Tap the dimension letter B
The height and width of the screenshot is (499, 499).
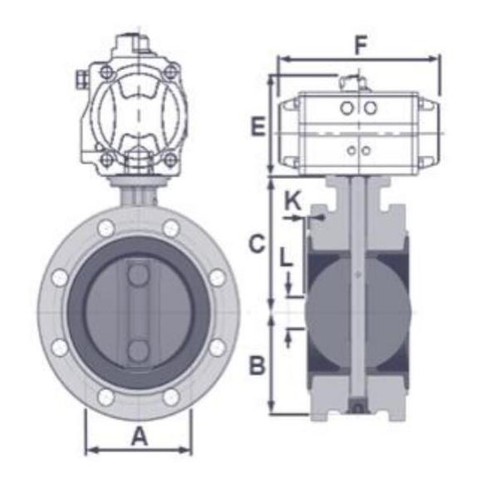pos(258,365)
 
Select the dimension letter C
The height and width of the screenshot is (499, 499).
pos(258,244)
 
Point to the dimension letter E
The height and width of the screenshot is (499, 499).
pos(258,127)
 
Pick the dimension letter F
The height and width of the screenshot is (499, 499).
pos(359,46)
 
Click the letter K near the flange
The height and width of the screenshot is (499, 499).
pos(292,200)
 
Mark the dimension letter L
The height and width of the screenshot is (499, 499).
pos(286,257)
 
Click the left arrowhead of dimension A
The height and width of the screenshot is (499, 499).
pos(91,451)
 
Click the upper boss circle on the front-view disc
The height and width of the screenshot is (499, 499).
pos(138,270)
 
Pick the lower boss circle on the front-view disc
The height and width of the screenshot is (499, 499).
pos(138,350)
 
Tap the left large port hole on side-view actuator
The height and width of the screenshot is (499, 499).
pos(346,108)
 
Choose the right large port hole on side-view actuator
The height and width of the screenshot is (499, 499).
pos(371,108)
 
